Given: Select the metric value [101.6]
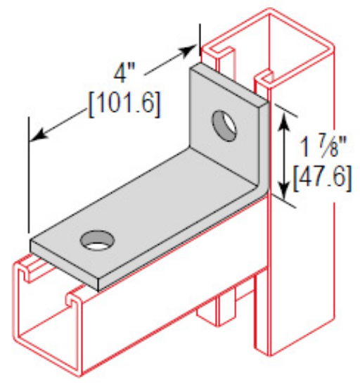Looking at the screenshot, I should [123, 103].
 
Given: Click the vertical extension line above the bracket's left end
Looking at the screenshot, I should [29, 176].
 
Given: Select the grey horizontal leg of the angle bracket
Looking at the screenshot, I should [141, 225].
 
